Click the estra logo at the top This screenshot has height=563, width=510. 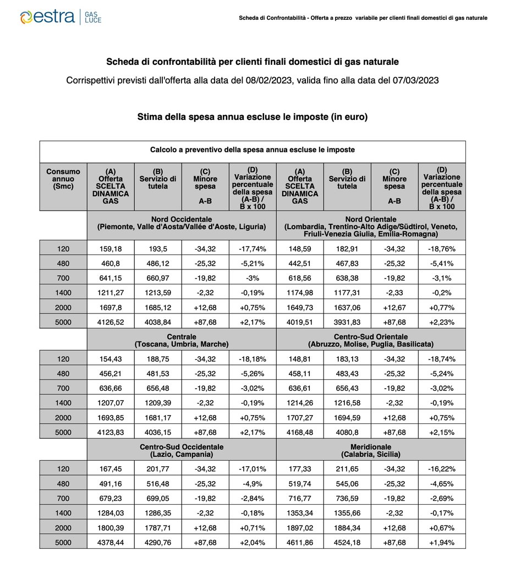coord(61,16)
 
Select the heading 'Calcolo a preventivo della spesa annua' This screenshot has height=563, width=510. coord(253,150)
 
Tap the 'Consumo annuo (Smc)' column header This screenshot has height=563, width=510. coord(63,179)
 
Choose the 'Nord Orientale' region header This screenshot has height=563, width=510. coord(371,227)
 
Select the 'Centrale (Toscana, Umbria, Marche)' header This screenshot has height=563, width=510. coord(182,340)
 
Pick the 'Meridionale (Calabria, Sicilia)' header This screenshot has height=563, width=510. coord(371,450)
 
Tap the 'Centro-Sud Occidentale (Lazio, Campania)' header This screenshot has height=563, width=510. coord(182,450)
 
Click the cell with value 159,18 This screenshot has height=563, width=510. coord(111,249)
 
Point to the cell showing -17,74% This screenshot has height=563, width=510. coord(252,249)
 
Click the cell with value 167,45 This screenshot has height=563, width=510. coord(111,469)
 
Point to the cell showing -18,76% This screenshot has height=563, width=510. coord(442,249)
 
